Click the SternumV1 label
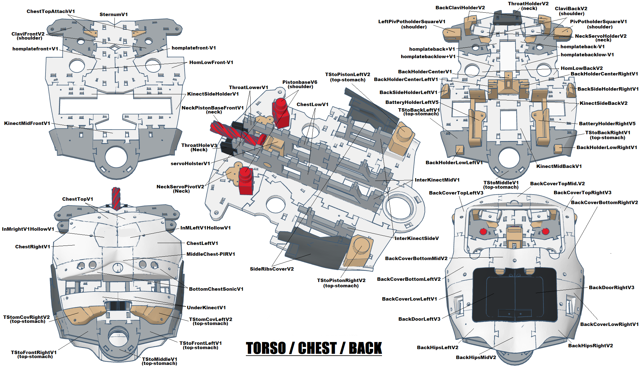tap(114, 15)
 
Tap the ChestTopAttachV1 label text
tap(51, 11)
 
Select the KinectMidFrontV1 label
tap(27, 123)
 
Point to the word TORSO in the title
tap(266, 348)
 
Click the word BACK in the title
tap(365, 348)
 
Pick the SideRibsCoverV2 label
tap(272, 269)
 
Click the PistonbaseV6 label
tap(300, 82)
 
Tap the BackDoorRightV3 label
tap(611, 288)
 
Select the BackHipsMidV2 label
tap(476, 357)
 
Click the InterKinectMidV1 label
tap(437, 180)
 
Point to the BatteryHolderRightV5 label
tap(607, 124)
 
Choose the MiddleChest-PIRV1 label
tap(211, 254)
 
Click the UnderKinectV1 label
tap(206, 308)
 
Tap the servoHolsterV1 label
tap(190, 164)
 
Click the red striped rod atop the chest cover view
tap(116, 198)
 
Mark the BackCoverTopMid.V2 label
tap(557, 184)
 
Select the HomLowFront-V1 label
tap(211, 62)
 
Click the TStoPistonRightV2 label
tap(341, 280)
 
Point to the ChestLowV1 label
tap(312, 105)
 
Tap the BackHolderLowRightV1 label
tap(607, 148)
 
